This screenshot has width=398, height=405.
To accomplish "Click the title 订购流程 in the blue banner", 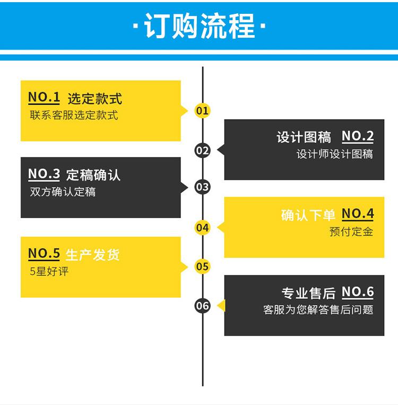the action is coord(200,26).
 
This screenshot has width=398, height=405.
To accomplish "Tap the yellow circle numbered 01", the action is coord(203,111).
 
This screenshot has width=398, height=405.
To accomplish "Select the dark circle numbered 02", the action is coord(203,150).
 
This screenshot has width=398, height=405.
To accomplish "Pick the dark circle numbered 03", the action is coord(203,187).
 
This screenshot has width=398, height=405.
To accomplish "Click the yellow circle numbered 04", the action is coord(203,227).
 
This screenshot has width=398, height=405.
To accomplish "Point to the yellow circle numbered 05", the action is coord(203,266).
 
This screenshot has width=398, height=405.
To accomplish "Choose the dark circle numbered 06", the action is coord(203,306).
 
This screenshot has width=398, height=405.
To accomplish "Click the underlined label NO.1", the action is coord(44,98).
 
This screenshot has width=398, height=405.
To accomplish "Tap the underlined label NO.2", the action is coord(358,136).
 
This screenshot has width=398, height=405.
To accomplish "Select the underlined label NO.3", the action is coord(44,174).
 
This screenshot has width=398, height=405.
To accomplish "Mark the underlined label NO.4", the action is coord(358,214).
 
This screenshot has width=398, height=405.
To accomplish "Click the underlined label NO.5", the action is coord(44,254).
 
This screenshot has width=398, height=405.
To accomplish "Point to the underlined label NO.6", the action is coord(358,292).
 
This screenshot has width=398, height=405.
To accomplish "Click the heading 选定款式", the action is coord(94,99).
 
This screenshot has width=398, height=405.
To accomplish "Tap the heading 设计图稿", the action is coord(304,137).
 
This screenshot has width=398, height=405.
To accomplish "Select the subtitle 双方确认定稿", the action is coord(63,192).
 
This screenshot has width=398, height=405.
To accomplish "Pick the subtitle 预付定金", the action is coord(351,231).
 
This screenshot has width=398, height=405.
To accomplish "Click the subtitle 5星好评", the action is coord(49,271).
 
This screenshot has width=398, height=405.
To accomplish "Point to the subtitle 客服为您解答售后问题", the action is coord(318,309).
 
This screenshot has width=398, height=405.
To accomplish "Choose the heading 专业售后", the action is coord(308,293).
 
